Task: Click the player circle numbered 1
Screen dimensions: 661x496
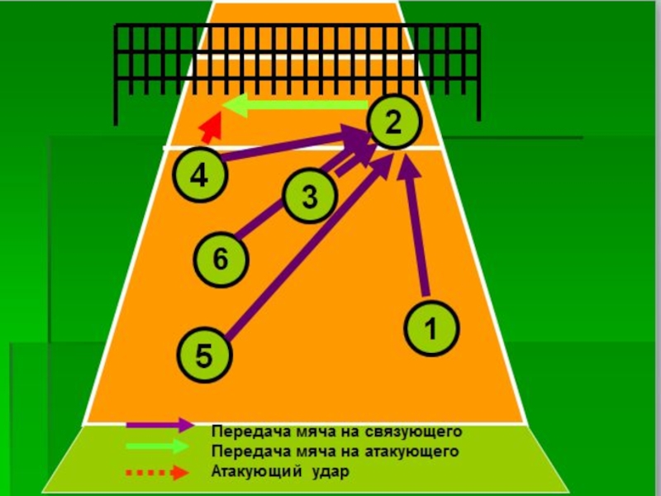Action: pos(431,326)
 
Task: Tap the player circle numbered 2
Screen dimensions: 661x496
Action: pos(392,122)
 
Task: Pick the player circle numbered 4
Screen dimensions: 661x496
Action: pos(198,174)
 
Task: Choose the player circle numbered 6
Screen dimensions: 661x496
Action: pos(220,260)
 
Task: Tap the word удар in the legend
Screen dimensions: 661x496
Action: pos(330,473)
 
